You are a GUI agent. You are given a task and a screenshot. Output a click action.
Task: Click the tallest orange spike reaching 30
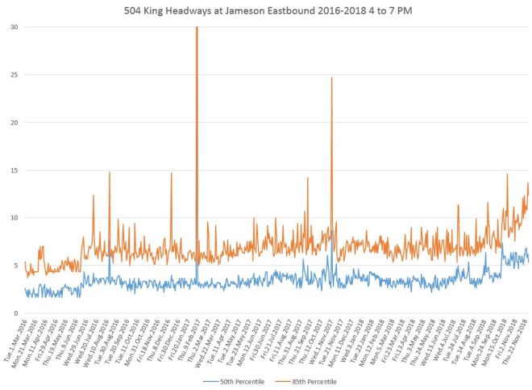[x=197, y=29]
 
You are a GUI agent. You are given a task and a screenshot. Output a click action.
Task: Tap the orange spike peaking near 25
[x=331, y=79]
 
